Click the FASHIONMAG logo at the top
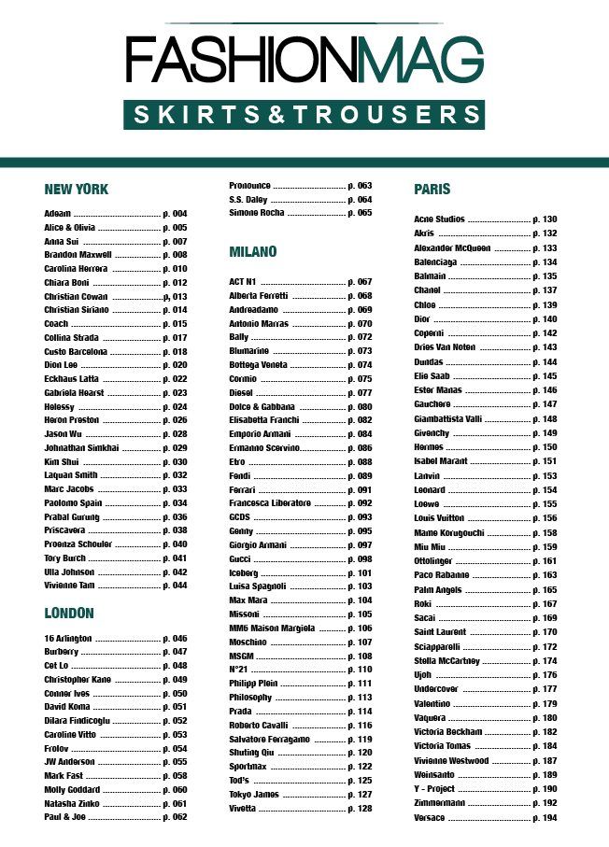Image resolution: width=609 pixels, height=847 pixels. [x=304, y=61]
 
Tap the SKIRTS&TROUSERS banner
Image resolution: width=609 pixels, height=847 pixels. [x=304, y=115]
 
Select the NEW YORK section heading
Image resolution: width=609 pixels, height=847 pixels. [x=77, y=189]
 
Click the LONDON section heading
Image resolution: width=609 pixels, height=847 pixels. [x=69, y=614]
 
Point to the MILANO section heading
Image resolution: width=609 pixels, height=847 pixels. [x=253, y=252]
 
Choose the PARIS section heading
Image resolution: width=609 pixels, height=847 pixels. [x=432, y=189]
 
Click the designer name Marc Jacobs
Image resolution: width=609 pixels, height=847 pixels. [x=70, y=489]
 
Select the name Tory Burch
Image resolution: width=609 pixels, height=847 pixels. [x=65, y=558]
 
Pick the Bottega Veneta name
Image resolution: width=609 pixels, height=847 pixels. [x=259, y=365]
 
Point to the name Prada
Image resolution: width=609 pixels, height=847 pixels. [x=242, y=712]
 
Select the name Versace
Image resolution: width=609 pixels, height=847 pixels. [x=431, y=818]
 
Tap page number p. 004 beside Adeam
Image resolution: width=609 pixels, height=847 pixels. [x=175, y=214]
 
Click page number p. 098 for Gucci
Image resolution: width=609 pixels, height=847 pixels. [x=360, y=558]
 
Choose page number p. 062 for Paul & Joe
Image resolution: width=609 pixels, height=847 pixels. [x=175, y=817]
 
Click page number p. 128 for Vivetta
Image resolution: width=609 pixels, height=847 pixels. [x=360, y=808]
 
